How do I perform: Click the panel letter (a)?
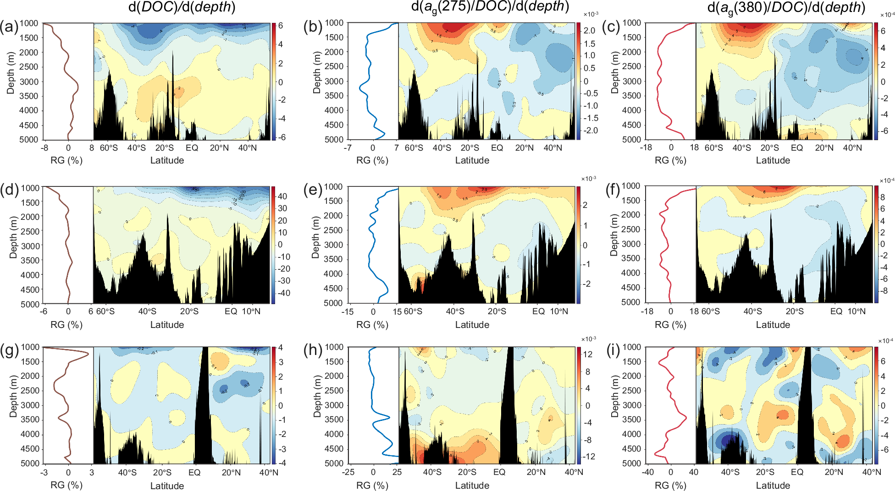[9, 27]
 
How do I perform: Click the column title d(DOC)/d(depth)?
[182, 7]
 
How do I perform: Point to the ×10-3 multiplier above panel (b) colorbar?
[591, 15]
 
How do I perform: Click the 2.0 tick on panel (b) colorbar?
[590, 31]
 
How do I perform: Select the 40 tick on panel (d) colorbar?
[282, 196]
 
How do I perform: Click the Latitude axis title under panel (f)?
[773, 325]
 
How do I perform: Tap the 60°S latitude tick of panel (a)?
[109, 148]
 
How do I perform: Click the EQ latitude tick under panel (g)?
[194, 473]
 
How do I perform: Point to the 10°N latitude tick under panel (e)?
[558, 311]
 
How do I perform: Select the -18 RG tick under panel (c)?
[646, 147]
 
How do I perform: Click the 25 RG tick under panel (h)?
[397, 472]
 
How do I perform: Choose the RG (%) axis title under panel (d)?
[66, 325]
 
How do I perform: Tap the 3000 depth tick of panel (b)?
[334, 81]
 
